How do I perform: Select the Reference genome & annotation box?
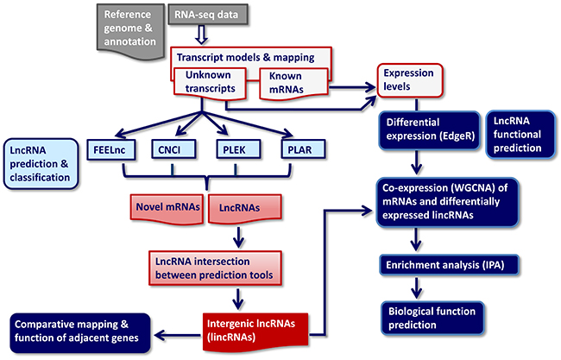(x=132, y=27)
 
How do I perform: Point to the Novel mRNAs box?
(x=167, y=206)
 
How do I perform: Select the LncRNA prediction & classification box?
(x=41, y=163)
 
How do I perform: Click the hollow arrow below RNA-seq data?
(x=200, y=35)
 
